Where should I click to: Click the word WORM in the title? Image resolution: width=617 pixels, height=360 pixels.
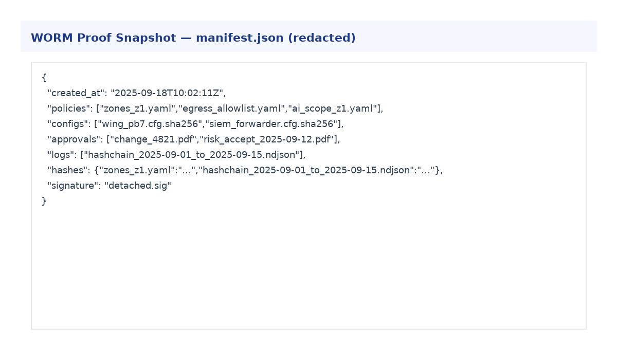(x=52, y=38)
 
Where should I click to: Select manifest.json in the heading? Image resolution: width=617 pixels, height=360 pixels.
(x=240, y=38)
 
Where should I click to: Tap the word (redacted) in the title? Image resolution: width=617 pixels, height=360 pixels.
(x=322, y=38)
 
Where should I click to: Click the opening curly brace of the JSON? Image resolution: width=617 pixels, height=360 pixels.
(x=44, y=78)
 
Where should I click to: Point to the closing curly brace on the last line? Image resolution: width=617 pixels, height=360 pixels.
(x=44, y=201)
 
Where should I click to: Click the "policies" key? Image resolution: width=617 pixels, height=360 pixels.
(x=70, y=109)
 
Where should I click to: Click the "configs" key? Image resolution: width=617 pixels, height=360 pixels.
(x=69, y=124)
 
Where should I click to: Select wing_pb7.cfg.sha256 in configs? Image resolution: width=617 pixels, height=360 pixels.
(x=150, y=124)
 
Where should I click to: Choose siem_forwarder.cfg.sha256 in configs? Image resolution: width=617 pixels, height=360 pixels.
(x=271, y=124)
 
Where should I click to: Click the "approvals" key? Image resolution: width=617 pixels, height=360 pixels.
(x=75, y=140)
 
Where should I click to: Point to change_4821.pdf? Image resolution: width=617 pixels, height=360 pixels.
(x=153, y=140)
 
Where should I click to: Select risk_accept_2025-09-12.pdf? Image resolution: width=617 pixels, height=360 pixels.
(x=267, y=140)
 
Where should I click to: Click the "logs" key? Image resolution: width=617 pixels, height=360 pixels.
(x=62, y=155)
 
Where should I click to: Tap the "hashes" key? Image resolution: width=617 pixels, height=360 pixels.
(x=69, y=170)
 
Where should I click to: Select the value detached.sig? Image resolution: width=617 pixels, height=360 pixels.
(x=138, y=186)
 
